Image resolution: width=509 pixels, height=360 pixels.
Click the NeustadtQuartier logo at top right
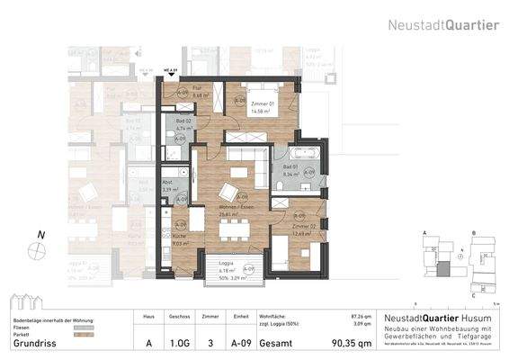pyautogui.click(x=443, y=25)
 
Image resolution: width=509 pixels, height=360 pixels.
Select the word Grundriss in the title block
pyautogui.click(x=33, y=343)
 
